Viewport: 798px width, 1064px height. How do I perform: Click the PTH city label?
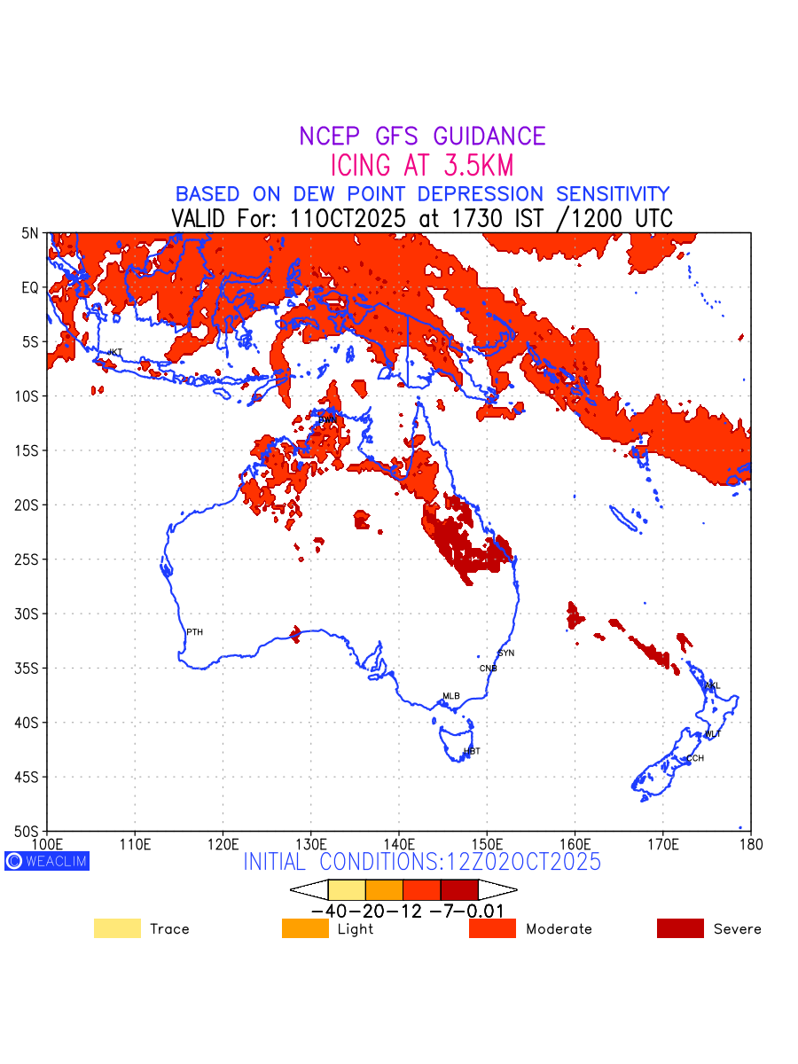[194, 632]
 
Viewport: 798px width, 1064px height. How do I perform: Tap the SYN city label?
[505, 653]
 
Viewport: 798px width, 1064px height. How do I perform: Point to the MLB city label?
[451, 696]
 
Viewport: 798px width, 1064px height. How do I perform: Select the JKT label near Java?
[114, 353]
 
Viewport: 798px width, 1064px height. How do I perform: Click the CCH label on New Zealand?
[695, 758]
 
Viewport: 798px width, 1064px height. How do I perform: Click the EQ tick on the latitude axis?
[30, 287]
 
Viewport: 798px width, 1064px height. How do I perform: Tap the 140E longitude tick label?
[399, 842]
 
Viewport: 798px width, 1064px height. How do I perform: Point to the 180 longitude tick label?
[750, 842]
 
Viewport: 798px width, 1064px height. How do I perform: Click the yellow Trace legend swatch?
[117, 928]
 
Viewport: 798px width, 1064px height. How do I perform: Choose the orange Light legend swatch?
[305, 928]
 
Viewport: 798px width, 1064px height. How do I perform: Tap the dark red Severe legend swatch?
[680, 928]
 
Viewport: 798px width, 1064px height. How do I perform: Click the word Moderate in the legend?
[559, 929]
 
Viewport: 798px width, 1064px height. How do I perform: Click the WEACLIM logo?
[47, 861]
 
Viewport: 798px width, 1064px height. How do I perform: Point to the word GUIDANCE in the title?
[489, 137]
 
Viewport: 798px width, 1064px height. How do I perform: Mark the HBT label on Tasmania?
[472, 751]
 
